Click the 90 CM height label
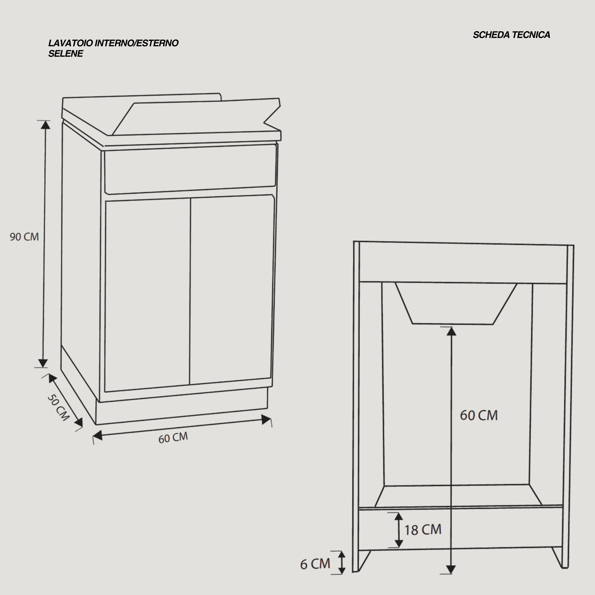24,237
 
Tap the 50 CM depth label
58,408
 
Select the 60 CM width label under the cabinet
173,438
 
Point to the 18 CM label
423,530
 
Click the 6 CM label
315,564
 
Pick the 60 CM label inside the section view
479,415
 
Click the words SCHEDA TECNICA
511,35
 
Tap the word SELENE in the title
66,54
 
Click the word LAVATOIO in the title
71,43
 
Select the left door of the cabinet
147,295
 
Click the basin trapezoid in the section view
456,303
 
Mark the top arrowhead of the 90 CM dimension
45,125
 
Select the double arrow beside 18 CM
399,530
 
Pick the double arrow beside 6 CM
342,563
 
